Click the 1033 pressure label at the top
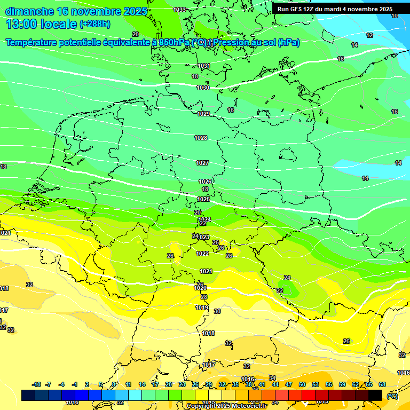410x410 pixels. click(x=179, y=10)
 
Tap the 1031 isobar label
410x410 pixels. click(x=203, y=66)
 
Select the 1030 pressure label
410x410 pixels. click(x=203, y=88)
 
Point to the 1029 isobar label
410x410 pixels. click(x=203, y=114)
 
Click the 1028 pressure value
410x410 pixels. click(x=201, y=138)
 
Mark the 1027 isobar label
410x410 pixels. click(x=202, y=163)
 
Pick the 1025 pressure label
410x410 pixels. click(x=203, y=199)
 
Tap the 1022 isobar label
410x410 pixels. click(x=202, y=254)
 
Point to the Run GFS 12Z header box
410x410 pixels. click(x=335, y=9)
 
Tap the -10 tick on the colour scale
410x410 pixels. click(x=36, y=384)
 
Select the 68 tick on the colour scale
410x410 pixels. click(x=382, y=384)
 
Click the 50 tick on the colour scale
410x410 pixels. click(x=302, y=384)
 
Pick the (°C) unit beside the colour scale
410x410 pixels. click(x=392, y=396)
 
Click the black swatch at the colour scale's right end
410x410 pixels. click(x=375, y=395)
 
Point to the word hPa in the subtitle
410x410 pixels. click(x=288, y=43)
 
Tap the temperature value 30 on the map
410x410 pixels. click(x=217, y=311)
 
